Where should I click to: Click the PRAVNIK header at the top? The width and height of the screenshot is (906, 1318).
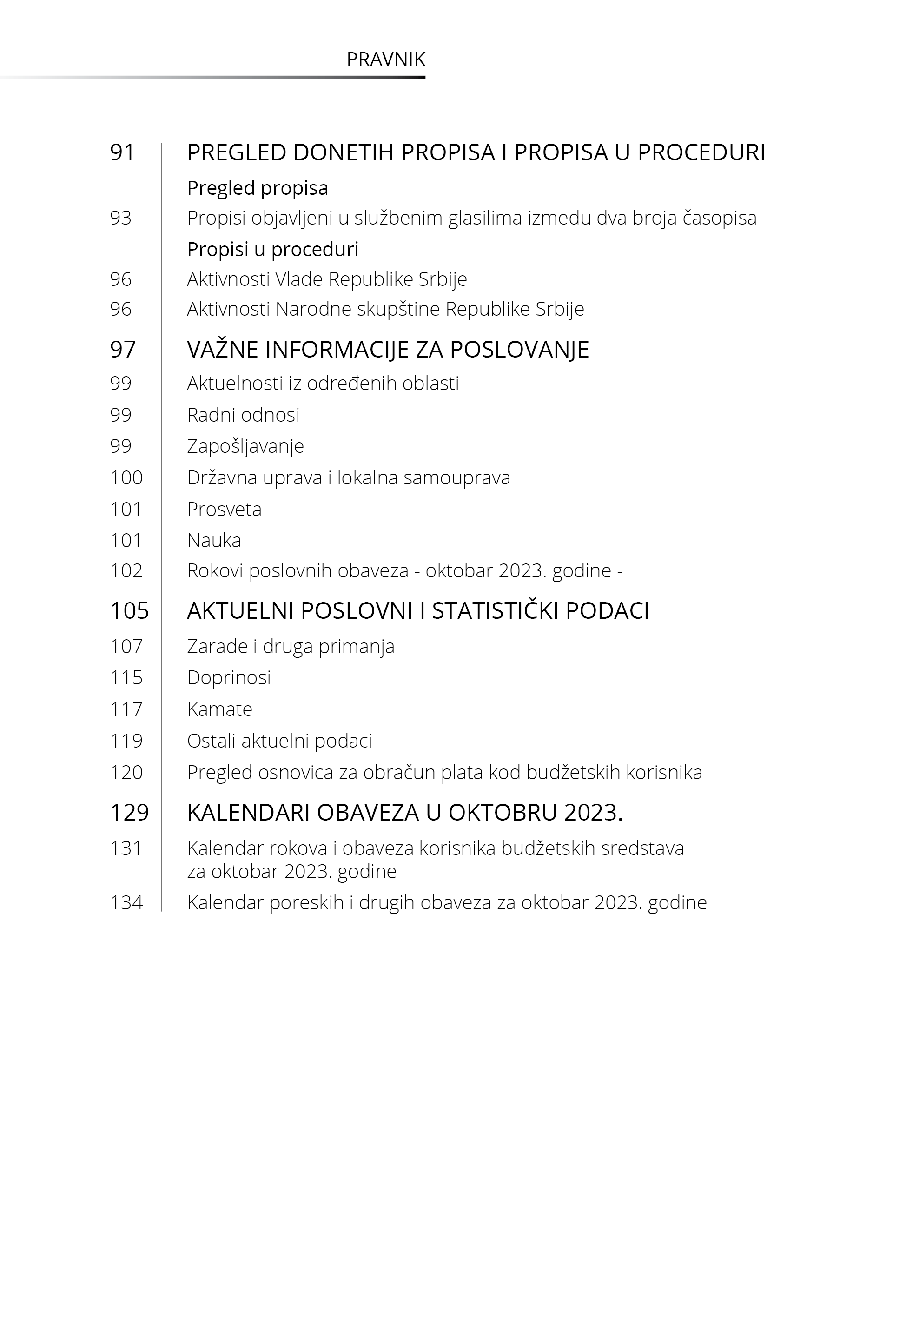[x=385, y=60]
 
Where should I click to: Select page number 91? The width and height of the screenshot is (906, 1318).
[x=122, y=152]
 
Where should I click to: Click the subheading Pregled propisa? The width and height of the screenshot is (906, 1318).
[x=257, y=188]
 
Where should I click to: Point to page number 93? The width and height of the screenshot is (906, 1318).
[x=120, y=218]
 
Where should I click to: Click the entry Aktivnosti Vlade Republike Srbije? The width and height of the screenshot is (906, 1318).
[x=327, y=279]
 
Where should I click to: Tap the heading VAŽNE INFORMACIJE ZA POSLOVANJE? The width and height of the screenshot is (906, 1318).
[x=388, y=350]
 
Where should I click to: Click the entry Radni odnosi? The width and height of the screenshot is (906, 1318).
[x=243, y=415]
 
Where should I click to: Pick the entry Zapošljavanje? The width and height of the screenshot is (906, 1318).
[x=245, y=446]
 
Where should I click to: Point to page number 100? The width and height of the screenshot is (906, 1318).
[x=126, y=478]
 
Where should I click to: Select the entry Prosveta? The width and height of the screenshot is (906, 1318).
[x=224, y=509]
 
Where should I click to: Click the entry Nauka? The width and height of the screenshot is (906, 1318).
[x=214, y=540]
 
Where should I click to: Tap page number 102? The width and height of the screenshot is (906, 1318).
[x=126, y=571]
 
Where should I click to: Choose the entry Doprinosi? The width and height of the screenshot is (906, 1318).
[x=229, y=678]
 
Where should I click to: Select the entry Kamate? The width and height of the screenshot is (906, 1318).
[x=220, y=709]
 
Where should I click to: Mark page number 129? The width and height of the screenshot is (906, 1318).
[x=129, y=813]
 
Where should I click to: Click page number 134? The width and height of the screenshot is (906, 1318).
[x=126, y=902]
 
